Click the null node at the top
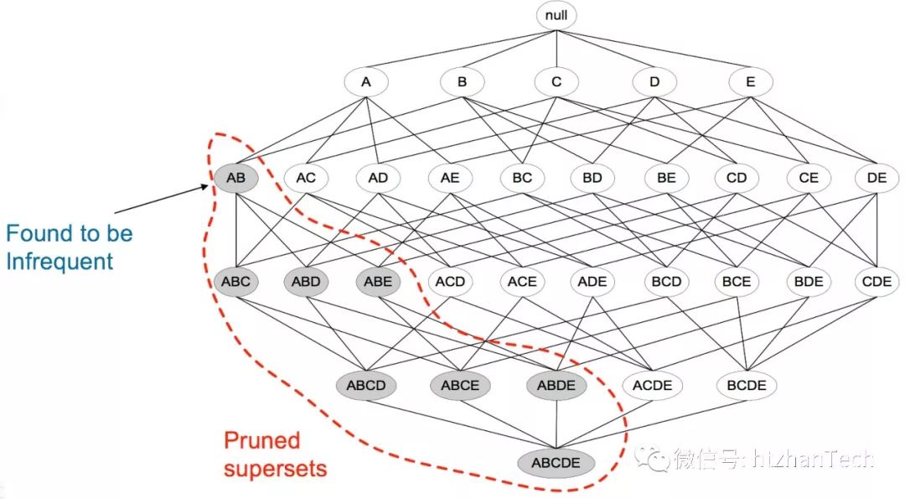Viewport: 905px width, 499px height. [556, 15]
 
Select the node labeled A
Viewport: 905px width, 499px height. [365, 82]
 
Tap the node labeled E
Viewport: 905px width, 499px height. [750, 82]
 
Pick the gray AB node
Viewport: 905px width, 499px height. [235, 178]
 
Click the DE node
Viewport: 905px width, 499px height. [877, 178]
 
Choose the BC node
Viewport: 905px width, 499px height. [522, 178]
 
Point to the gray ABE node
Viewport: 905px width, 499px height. [378, 282]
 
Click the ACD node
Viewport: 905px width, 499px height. [450, 282]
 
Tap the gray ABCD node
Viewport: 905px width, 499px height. [365, 386]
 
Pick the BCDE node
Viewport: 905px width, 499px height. [747, 386]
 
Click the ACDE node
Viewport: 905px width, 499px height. [652, 386]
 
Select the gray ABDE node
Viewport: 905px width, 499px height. [556, 386]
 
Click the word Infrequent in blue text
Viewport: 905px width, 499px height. [59, 261]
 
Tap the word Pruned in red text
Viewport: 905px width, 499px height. [261, 440]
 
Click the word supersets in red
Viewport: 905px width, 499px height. [275, 468]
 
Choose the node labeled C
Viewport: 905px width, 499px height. [556, 82]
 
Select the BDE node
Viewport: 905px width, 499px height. [808, 282]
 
